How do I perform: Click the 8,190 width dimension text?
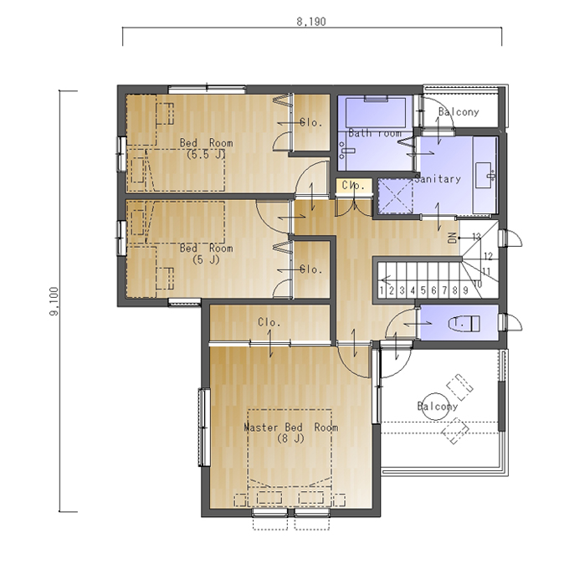311,22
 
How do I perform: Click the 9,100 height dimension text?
54,301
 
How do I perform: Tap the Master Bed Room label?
290,433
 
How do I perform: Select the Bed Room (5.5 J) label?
206,148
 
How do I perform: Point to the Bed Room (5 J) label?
206,254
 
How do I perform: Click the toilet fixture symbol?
464,323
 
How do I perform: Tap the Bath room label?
375,133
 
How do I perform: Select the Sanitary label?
438,178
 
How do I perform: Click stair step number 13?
476,237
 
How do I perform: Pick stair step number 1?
382,290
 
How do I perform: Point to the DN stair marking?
452,238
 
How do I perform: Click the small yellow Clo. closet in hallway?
354,186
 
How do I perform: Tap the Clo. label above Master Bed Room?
269,322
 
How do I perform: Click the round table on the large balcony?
435,407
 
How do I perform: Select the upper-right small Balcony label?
459,111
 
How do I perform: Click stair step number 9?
465,290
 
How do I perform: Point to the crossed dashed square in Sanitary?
396,196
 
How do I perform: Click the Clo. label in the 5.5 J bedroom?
311,123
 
